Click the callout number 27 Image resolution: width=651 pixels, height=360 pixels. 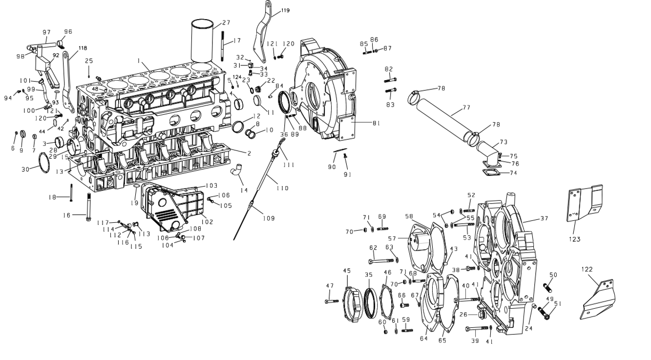point(226,22)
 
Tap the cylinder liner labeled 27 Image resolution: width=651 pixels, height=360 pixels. point(202,41)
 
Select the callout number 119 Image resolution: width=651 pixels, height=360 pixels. point(285,10)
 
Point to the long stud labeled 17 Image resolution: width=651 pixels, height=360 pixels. point(222,46)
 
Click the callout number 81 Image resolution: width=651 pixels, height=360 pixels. point(377,123)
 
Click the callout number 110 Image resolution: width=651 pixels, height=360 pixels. point(282,188)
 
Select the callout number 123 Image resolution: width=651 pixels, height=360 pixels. point(574,239)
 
